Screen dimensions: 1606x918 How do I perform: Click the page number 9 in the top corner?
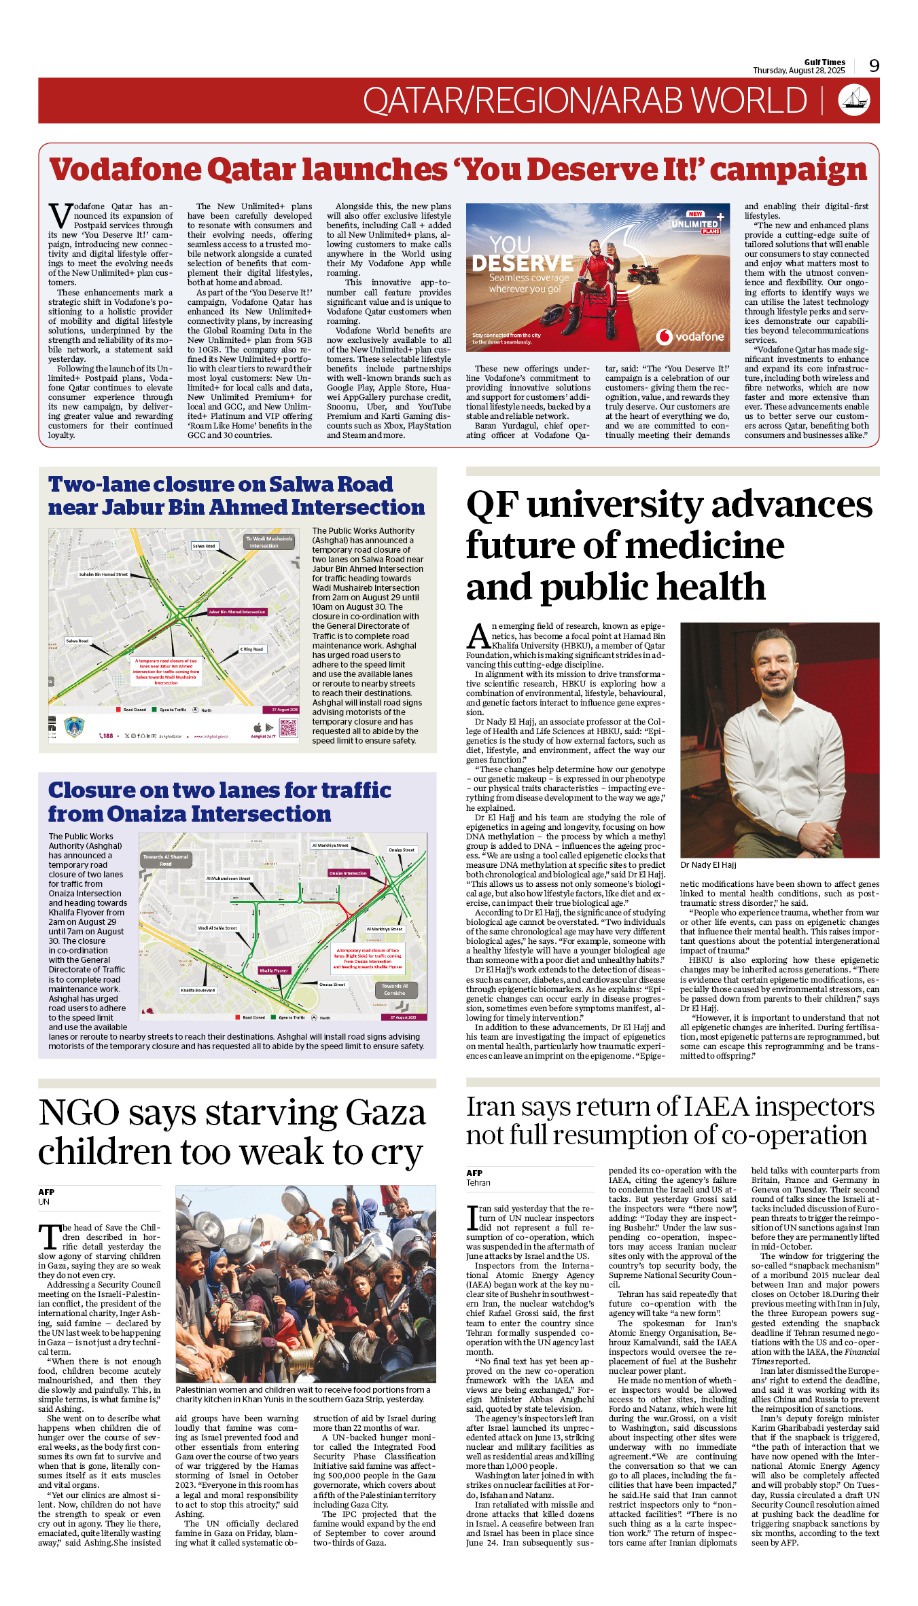pyautogui.click(x=874, y=66)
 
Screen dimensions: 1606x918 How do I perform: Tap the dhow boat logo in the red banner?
pyautogui.click(x=854, y=100)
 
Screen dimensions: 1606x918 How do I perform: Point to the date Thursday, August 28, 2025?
pyautogui.click(x=798, y=71)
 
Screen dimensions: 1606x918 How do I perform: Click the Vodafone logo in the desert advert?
pyautogui.click(x=691, y=336)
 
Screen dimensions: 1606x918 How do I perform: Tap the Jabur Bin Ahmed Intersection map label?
pyautogui.click(x=237, y=612)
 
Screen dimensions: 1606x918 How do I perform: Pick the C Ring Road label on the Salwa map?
pyautogui.click(x=251, y=649)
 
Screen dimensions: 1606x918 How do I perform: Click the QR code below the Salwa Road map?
pyautogui.click(x=288, y=729)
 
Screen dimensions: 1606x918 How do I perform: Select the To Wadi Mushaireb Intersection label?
pyautogui.click(x=269, y=542)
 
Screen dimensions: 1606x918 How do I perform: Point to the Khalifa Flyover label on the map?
pyautogui.click(x=274, y=970)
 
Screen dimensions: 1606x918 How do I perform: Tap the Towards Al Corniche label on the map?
pyautogui.click(x=395, y=989)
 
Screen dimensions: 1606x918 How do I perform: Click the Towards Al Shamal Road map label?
pyautogui.click(x=165, y=860)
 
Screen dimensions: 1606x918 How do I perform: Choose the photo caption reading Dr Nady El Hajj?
pyautogui.click(x=708, y=865)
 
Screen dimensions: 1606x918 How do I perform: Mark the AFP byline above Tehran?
pyautogui.click(x=474, y=1173)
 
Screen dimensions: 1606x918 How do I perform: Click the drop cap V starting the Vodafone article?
pyautogui.click(x=59, y=216)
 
